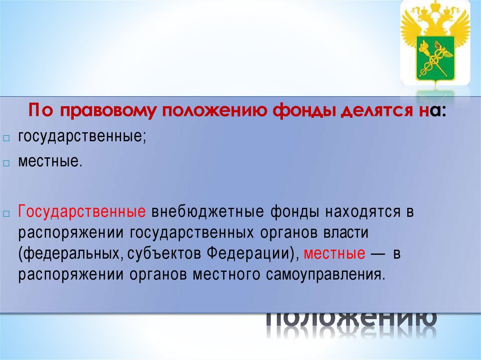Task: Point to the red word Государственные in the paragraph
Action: tap(81, 212)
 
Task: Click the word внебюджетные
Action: tap(207, 212)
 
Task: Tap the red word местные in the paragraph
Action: tap(334, 253)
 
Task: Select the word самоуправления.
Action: tap(318, 275)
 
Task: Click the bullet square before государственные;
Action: tap(6, 139)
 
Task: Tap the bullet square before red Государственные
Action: tap(6, 214)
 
